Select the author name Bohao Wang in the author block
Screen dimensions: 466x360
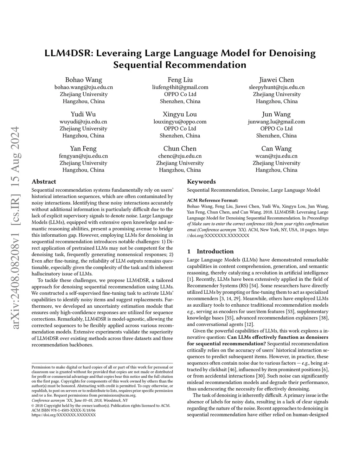tap(84, 80)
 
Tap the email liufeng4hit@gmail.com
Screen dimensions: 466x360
tap(180, 87)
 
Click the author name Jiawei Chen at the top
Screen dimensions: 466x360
tap(277, 80)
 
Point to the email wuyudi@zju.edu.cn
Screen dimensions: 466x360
tap(83, 122)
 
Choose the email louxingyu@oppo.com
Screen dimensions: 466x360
tap(180, 122)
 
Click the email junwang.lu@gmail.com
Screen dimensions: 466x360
tap(276, 122)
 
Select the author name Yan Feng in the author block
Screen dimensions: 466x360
tap(83, 148)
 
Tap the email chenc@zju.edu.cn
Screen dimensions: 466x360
tap(180, 156)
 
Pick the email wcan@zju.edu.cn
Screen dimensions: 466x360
tap(276, 156)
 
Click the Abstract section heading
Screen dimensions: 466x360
tap(44, 182)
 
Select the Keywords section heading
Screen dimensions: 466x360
tap(201, 182)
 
